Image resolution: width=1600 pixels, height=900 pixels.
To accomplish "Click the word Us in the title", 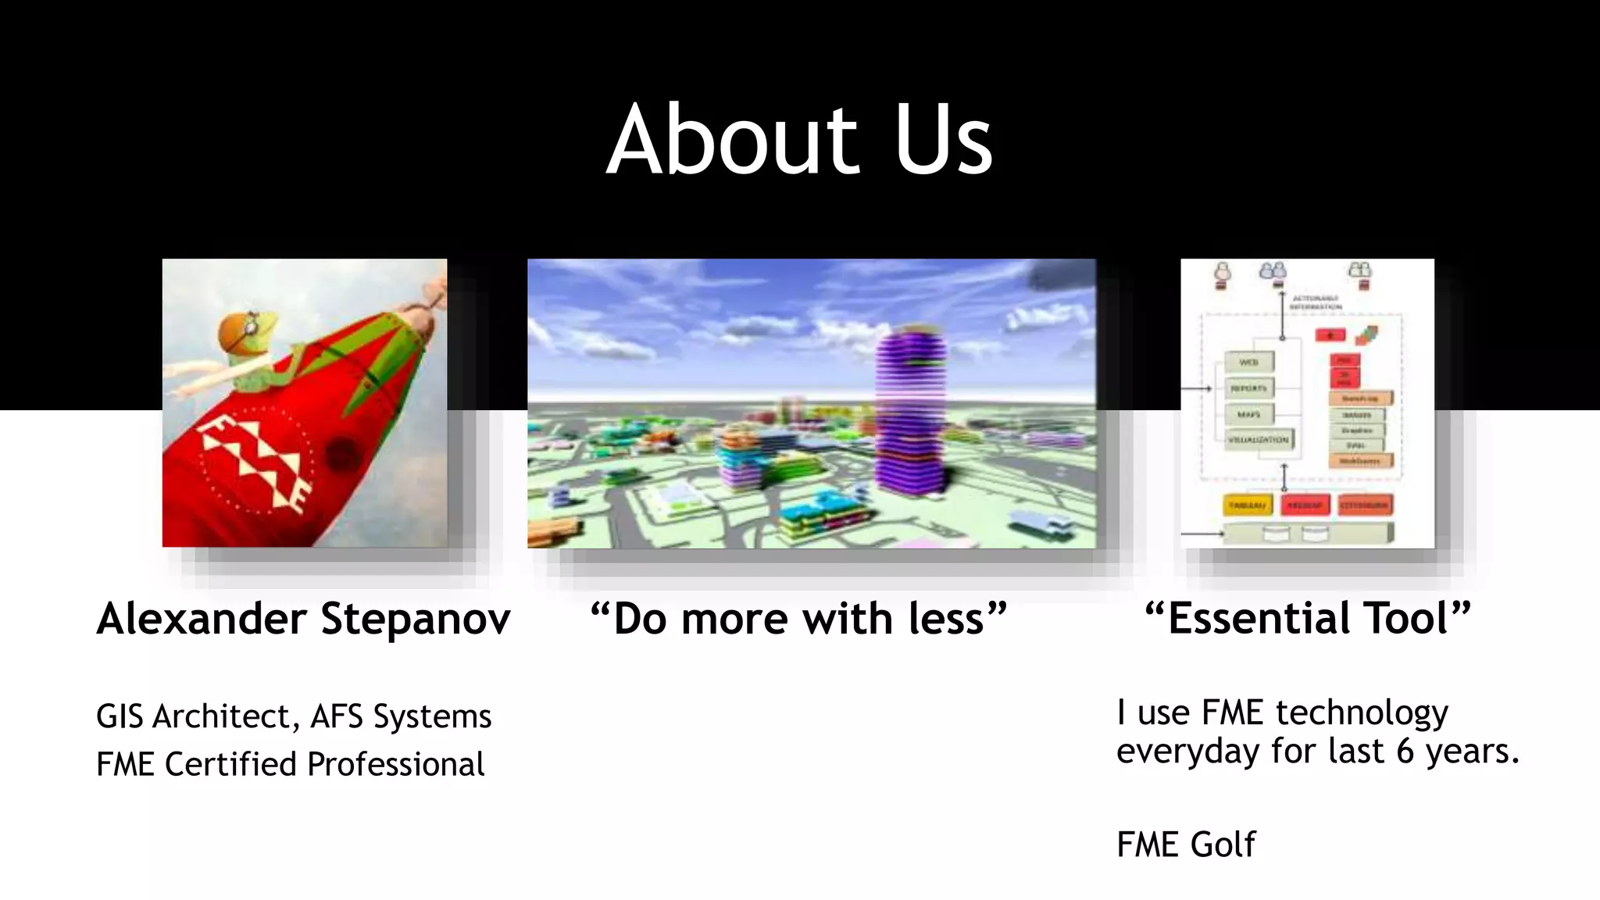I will click(x=943, y=141).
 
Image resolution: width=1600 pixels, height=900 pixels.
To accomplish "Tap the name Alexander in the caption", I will click(x=202, y=619).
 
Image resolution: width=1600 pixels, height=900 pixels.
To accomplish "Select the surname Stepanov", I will click(x=416, y=619).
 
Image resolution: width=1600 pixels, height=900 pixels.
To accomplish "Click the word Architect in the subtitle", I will click(x=221, y=716).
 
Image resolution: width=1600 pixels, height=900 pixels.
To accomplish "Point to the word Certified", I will click(x=232, y=764).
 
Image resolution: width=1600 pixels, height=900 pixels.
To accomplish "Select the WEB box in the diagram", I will click(x=1248, y=362).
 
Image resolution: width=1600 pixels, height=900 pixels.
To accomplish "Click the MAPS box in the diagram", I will click(x=1248, y=414).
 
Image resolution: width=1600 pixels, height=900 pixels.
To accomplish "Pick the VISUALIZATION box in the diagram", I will click(x=1258, y=440).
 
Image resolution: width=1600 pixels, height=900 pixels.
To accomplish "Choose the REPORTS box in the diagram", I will click(x=1248, y=388).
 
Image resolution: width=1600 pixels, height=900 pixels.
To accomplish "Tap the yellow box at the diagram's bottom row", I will click(x=1247, y=505).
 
